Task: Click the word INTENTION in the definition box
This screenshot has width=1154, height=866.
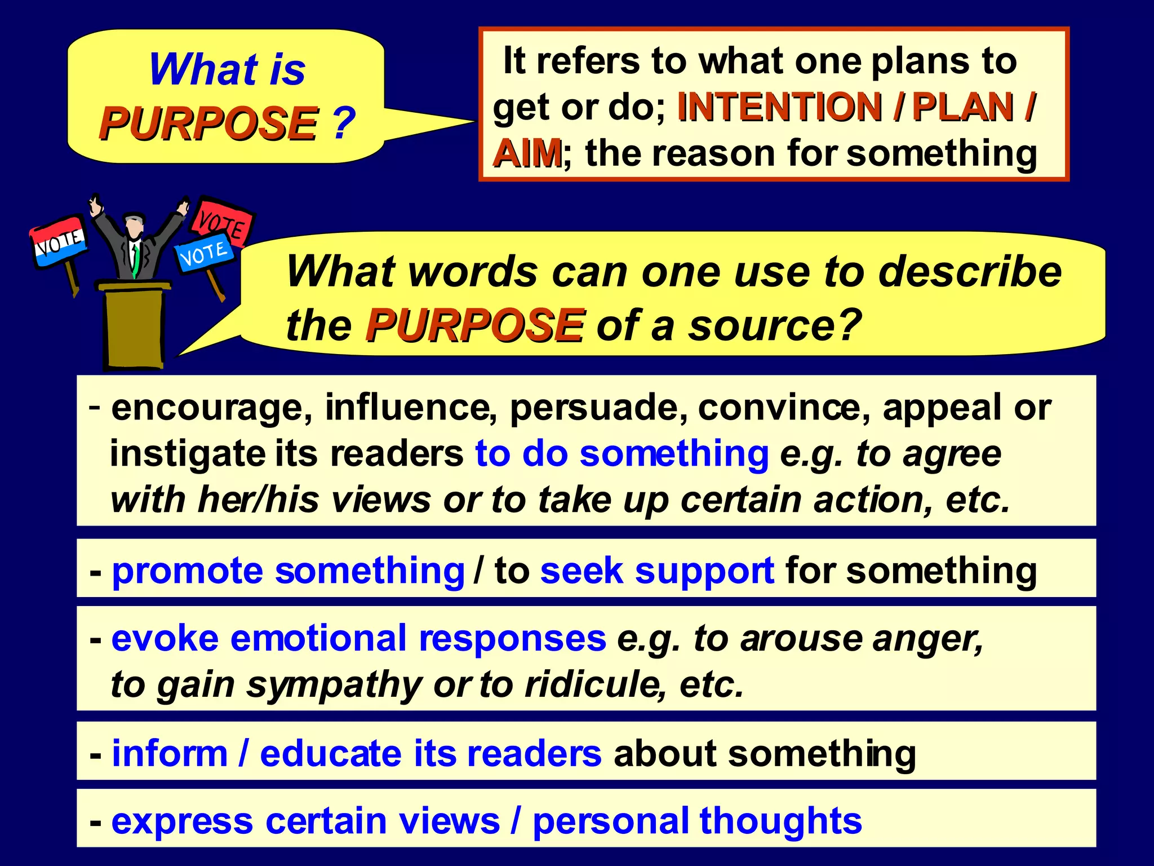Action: [x=779, y=107]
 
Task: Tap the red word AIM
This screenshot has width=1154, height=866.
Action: [x=527, y=153]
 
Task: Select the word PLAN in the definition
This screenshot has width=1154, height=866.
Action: [x=963, y=107]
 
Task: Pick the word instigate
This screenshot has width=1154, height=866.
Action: [x=187, y=454]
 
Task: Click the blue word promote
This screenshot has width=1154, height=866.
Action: [x=187, y=571]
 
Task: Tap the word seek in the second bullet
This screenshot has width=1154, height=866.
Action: [x=582, y=571]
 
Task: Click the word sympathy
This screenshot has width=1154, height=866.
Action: [x=334, y=686]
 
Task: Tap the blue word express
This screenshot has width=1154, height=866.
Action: [x=182, y=821]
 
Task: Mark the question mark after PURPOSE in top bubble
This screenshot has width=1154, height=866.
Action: [x=343, y=123]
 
